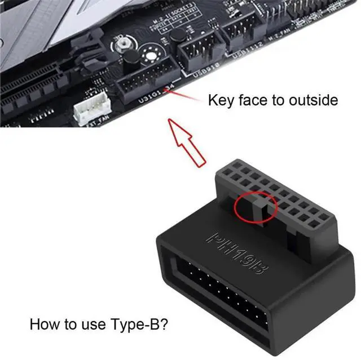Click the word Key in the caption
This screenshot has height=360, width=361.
click(221, 101)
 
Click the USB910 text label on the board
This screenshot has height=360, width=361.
click(202, 70)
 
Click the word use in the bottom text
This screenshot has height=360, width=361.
click(91, 325)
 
